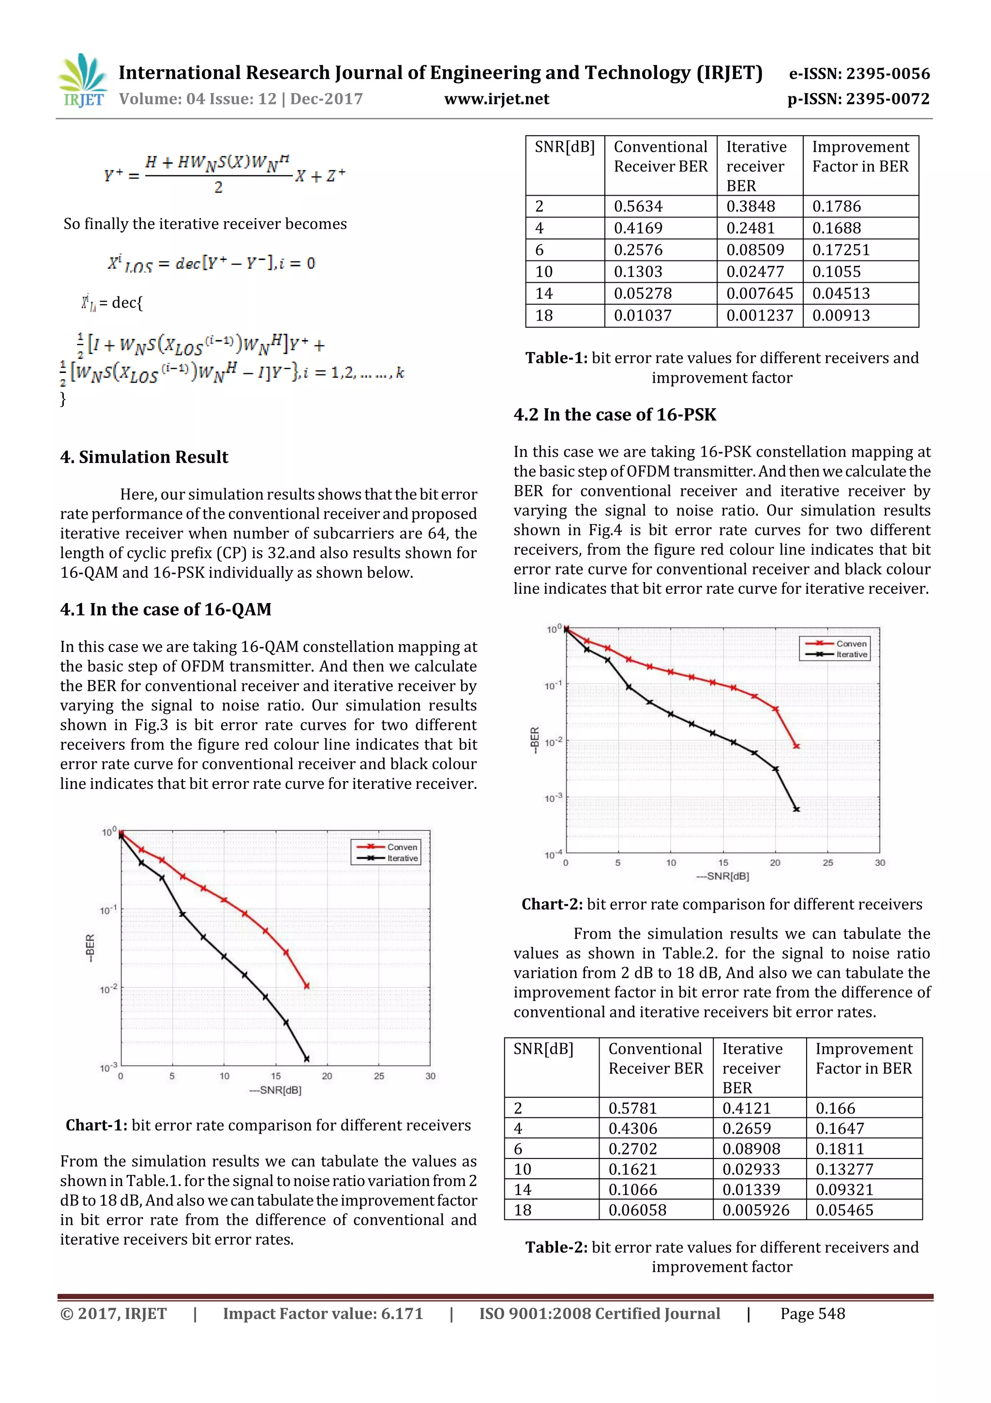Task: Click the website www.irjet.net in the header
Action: point(496,99)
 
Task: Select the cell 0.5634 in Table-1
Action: point(638,206)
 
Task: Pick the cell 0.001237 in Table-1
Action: point(759,315)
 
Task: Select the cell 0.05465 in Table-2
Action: point(844,1210)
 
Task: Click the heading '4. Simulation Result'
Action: point(144,457)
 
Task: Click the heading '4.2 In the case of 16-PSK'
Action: point(614,415)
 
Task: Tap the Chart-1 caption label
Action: point(96,1125)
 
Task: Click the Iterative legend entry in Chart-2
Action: point(851,654)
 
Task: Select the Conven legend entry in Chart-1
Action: point(402,847)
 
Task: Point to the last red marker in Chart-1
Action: point(306,986)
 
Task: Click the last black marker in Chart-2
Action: point(796,809)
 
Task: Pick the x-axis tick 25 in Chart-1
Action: point(378,1076)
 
